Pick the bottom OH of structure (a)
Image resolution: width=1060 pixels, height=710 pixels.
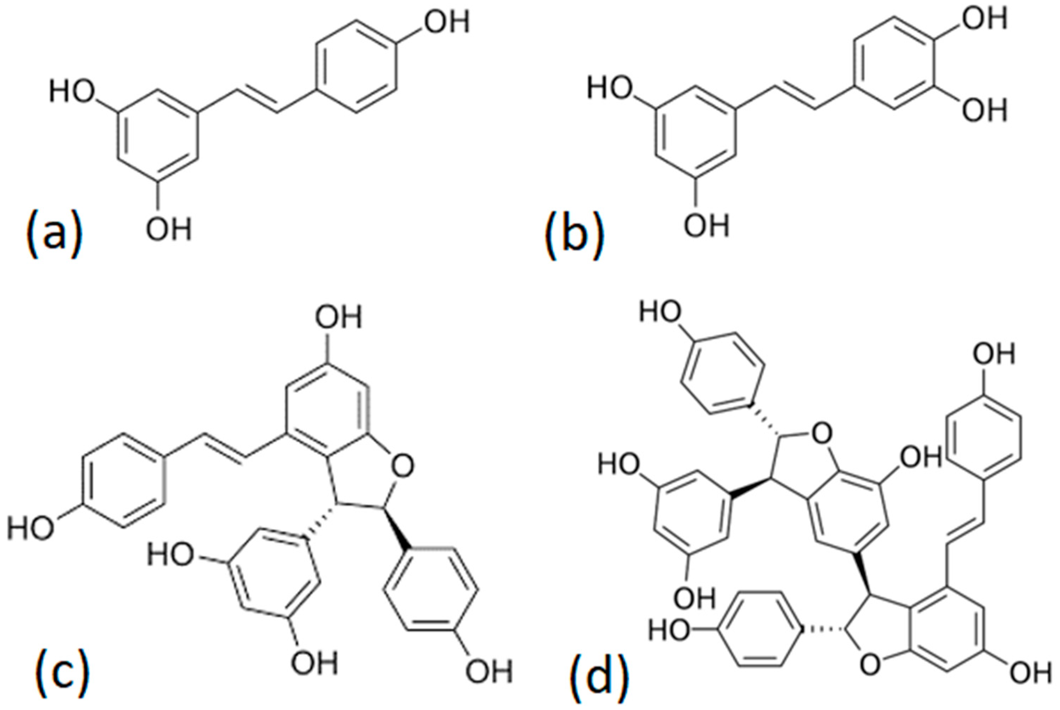(x=168, y=230)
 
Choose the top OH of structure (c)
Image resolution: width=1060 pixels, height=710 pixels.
(x=339, y=318)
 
